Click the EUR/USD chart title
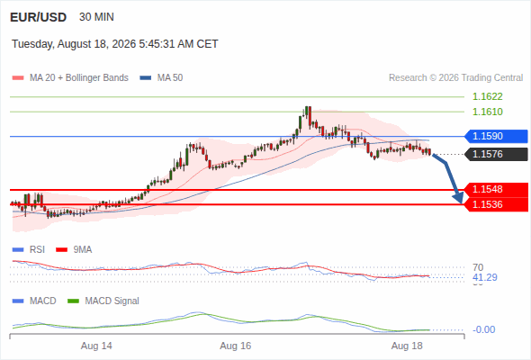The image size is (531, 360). point(39,17)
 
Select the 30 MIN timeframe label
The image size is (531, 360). point(96,17)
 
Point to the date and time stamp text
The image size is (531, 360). point(115,44)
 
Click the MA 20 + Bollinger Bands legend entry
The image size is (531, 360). point(70,78)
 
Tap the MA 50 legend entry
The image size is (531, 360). point(161,78)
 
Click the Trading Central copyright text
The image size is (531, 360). point(455,78)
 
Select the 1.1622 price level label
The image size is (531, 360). point(487,97)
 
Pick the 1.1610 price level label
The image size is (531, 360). point(487,112)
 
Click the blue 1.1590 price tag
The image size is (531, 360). point(496,136)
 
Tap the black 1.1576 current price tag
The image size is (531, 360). point(496,154)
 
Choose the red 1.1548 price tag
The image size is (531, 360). point(496,189)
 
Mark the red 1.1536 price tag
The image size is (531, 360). point(496,204)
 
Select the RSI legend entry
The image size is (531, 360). point(29,250)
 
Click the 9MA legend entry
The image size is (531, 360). point(74,250)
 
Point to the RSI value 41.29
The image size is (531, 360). point(485,278)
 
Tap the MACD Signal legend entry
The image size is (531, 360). point(103,301)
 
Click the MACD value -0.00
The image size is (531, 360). point(483,329)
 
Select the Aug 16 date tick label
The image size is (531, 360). point(236,346)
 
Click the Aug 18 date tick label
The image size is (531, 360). point(407,346)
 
